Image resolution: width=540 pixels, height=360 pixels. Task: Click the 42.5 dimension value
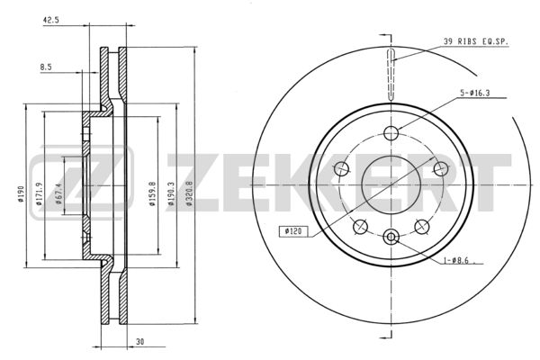click(x=51, y=20)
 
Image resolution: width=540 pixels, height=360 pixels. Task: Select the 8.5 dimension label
click(x=46, y=67)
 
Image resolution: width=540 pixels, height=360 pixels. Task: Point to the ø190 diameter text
click(x=22, y=194)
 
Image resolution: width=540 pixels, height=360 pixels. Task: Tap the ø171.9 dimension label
click(x=39, y=194)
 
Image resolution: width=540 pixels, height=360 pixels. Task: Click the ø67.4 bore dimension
click(x=58, y=194)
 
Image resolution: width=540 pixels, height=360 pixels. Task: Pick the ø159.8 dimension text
click(x=152, y=194)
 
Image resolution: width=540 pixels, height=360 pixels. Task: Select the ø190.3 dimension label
click(x=171, y=194)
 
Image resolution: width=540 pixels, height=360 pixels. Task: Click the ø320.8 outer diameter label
click(x=189, y=194)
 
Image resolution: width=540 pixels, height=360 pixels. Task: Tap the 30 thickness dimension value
click(x=139, y=342)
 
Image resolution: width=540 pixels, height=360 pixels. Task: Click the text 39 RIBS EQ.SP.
click(x=475, y=41)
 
